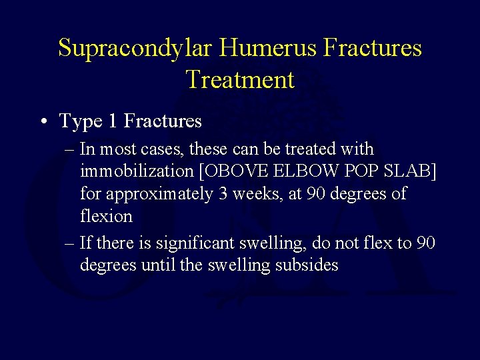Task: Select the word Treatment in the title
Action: pyautogui.click(x=240, y=80)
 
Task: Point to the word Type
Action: pyautogui.click(x=79, y=122)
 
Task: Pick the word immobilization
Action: pyautogui.click(x=136, y=171)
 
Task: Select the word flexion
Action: pyautogui.click(x=106, y=217)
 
